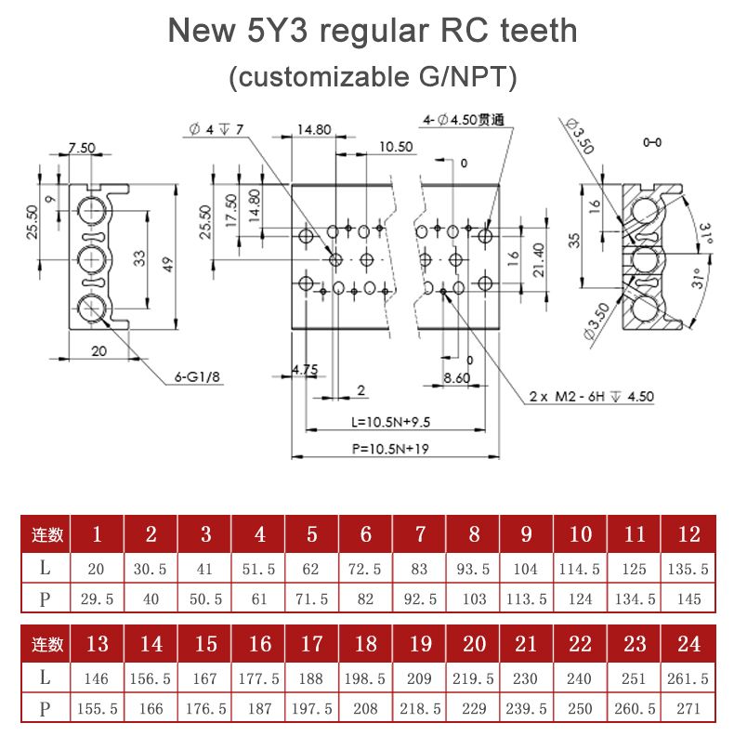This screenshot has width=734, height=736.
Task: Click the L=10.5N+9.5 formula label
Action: (x=391, y=422)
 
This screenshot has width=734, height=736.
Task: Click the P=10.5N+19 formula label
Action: (x=389, y=448)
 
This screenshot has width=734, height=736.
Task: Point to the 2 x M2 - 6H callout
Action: (x=591, y=396)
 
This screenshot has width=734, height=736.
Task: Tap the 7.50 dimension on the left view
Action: (x=82, y=148)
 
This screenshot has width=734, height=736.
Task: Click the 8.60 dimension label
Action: (x=457, y=377)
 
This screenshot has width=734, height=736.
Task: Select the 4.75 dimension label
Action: (x=305, y=370)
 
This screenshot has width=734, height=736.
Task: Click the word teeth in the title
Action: (x=527, y=32)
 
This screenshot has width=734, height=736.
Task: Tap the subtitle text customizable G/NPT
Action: (x=372, y=76)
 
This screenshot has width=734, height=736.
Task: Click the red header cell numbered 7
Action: (x=420, y=534)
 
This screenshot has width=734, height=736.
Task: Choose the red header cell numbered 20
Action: (x=474, y=644)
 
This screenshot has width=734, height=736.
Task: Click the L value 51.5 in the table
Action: (x=260, y=569)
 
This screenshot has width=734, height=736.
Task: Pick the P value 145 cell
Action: (x=689, y=599)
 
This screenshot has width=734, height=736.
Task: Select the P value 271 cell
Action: (x=689, y=708)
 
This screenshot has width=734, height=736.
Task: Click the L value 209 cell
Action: (x=420, y=678)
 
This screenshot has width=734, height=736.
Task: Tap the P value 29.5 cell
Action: (x=97, y=599)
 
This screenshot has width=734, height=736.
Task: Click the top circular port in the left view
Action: (x=92, y=208)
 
